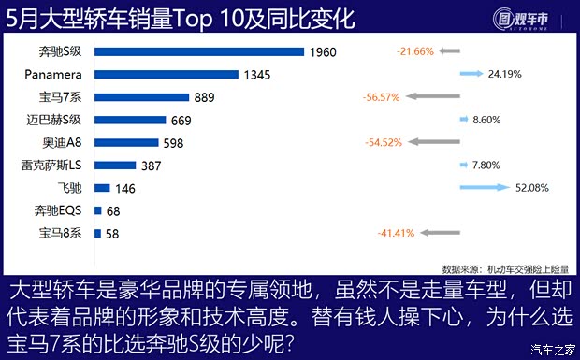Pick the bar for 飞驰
coord(103,187)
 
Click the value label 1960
coord(324,51)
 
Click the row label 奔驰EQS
coord(60,210)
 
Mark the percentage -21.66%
coord(414,51)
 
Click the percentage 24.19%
coord(531,73)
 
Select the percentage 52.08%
coord(531,187)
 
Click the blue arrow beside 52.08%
coord(485,187)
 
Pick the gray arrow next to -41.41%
coord(439,233)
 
